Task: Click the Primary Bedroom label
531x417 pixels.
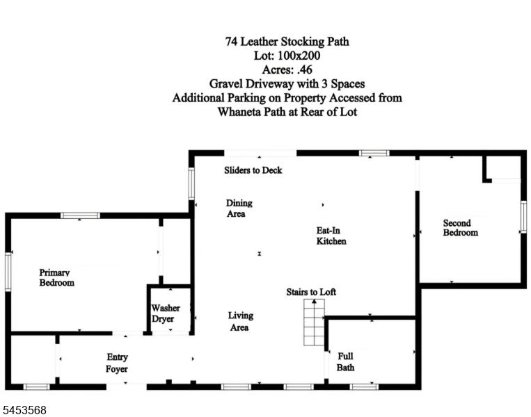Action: point(56,277)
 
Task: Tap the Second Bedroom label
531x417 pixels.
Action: point(461,227)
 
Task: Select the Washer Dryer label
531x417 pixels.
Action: point(165,313)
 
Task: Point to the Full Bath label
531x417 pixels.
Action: point(345,361)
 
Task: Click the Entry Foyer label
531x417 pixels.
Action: point(117,363)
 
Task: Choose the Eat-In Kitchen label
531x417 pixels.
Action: point(331,236)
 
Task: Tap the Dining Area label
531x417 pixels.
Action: point(239,208)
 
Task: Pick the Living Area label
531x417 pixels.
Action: point(240,321)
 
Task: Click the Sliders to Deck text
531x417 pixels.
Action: point(253,170)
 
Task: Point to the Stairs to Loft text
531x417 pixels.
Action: point(311,292)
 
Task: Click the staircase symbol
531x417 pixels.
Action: point(314,322)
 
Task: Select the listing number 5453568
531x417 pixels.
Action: point(24,410)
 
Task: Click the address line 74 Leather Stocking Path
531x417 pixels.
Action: point(287,42)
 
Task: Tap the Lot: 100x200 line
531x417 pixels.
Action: point(287,56)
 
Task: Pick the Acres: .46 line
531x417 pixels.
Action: point(287,69)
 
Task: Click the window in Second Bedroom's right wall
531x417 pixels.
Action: point(523,216)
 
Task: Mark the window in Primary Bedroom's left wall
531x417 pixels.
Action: point(8,272)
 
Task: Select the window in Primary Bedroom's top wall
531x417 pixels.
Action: point(80,215)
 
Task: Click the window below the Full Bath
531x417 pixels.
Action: point(364,386)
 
